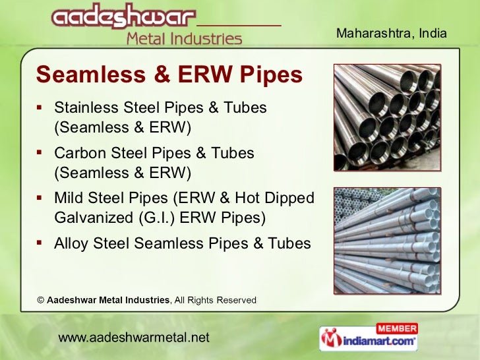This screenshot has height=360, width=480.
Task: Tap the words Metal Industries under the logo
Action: tap(184, 39)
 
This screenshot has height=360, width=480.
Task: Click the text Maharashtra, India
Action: tap(392, 33)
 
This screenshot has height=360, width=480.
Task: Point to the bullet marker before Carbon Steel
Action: tap(41, 153)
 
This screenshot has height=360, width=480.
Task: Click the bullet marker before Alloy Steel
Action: tap(41, 243)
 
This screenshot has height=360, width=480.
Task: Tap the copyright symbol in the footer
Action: tap(40, 300)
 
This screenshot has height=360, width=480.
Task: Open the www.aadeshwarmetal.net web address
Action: tap(134, 338)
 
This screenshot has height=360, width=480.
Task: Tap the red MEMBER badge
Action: tap(396, 328)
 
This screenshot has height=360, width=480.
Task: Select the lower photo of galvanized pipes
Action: tap(386, 240)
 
